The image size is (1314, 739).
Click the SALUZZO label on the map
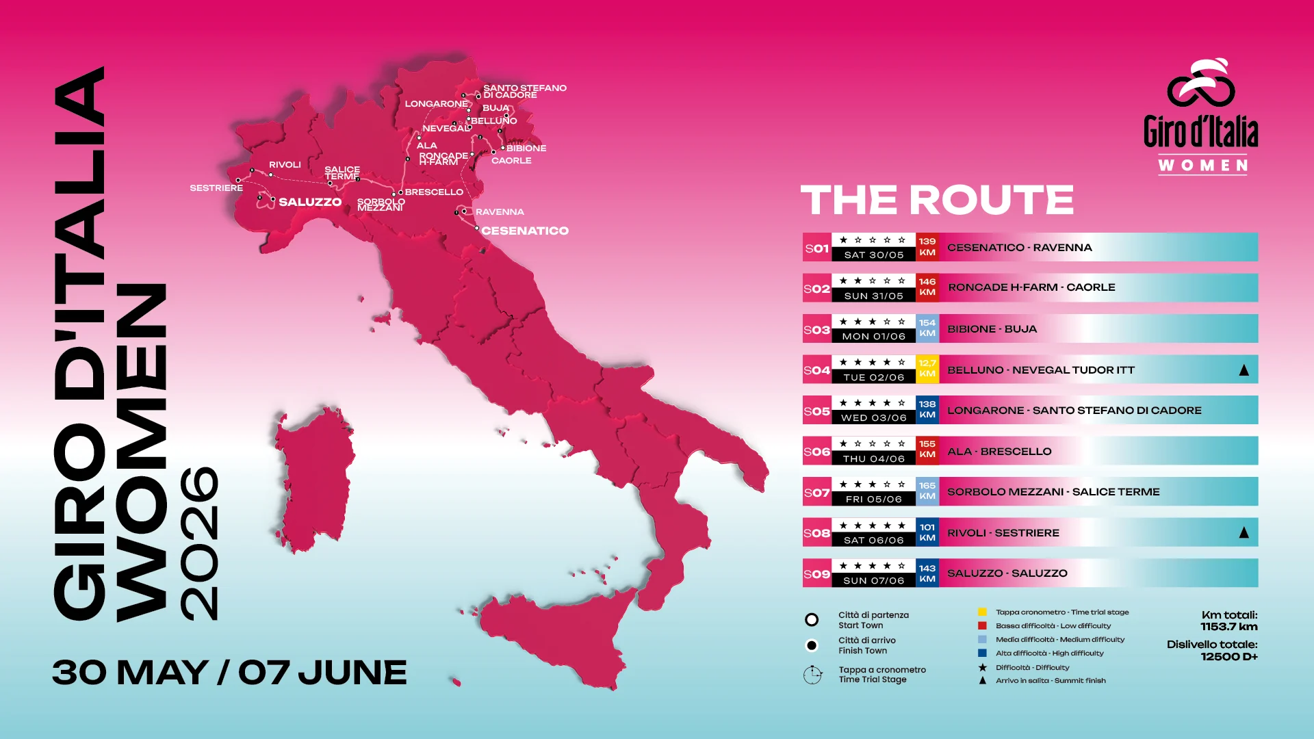[x=310, y=202]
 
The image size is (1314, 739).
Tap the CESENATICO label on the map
[x=525, y=231]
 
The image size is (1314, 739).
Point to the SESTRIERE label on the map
[x=216, y=188]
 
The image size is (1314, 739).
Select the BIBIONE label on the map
[x=526, y=148]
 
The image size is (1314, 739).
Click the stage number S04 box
[x=816, y=370]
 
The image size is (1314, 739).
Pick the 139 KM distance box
[x=927, y=247]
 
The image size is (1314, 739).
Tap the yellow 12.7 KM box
[x=927, y=369]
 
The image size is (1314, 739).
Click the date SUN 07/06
[x=874, y=581]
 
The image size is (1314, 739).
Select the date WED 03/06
[x=874, y=418]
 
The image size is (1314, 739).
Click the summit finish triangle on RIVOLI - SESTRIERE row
[x=1244, y=532]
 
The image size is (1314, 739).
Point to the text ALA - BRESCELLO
[x=999, y=452]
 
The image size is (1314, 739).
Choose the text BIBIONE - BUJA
[x=992, y=329]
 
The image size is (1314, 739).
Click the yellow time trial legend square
[x=982, y=612]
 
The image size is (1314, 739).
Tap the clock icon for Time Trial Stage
[x=812, y=675]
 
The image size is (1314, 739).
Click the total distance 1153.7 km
[x=1228, y=627]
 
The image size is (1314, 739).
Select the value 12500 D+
[x=1228, y=657]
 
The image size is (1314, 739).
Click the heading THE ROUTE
[x=937, y=200]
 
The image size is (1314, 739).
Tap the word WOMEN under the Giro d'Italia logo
[x=1203, y=166]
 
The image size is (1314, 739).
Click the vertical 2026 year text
[x=199, y=543]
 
